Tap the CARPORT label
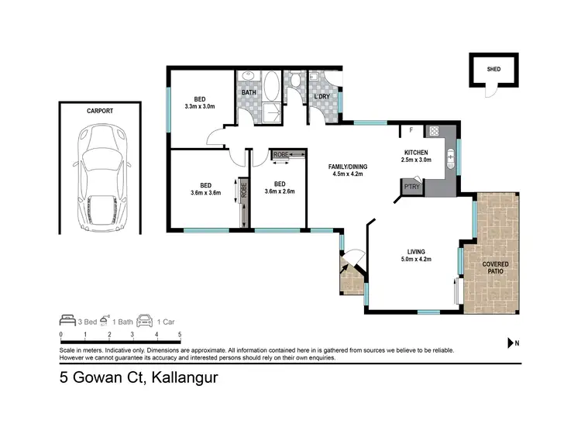(x=100, y=112)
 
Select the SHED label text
(x=493, y=68)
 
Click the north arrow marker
(x=511, y=343)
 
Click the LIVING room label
(x=418, y=250)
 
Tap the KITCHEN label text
(x=417, y=152)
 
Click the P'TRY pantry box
(x=411, y=187)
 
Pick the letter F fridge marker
(x=411, y=131)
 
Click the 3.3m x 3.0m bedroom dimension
(x=200, y=107)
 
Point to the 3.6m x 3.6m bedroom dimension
(x=205, y=193)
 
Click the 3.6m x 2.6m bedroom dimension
(x=278, y=191)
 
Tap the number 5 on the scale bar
(x=180, y=334)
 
